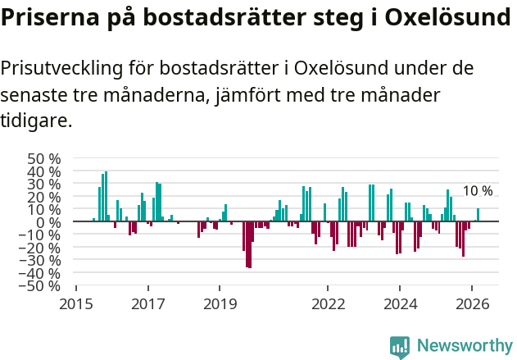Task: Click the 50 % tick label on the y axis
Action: tap(44, 158)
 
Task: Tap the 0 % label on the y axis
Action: tap(48, 221)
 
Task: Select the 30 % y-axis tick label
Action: tap(44, 184)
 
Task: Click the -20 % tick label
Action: tap(42, 247)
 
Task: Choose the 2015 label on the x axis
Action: tap(76, 303)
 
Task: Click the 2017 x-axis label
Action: tap(148, 303)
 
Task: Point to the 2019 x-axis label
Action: tap(220, 303)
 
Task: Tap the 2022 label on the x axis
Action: tap(328, 303)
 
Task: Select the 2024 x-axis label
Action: tap(400, 303)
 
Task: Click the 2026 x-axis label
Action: tap(472, 303)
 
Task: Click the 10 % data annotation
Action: tap(478, 191)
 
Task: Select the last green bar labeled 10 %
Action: tap(478, 215)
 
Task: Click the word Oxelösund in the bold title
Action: tap(446, 18)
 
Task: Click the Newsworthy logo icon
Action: tap(400, 347)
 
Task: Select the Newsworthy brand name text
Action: tap(464, 347)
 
